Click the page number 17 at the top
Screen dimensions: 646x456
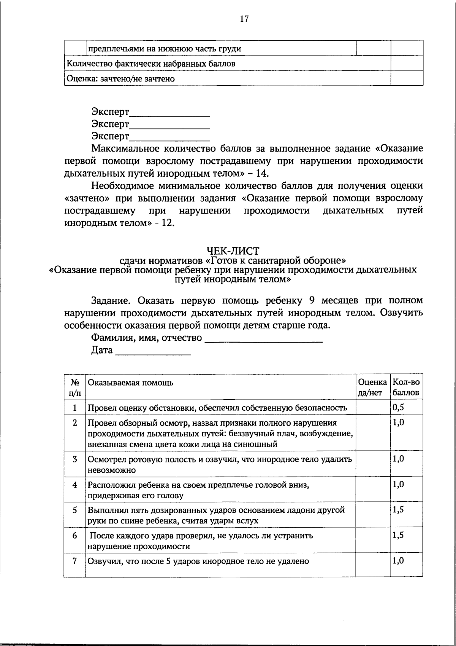pos(244,19)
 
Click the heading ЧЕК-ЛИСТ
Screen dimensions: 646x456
pos(233,251)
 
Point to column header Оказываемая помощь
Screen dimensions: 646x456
pos(131,383)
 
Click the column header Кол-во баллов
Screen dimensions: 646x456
pos(406,387)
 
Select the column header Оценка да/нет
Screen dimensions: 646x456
pos(372,387)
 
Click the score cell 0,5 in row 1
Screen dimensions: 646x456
pos(398,407)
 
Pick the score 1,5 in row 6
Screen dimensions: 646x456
pos(398,536)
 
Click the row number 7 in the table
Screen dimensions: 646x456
pos(75,561)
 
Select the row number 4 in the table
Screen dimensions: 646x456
pos(75,485)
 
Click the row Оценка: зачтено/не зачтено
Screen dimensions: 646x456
pos(120,79)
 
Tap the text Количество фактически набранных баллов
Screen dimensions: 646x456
pos(151,64)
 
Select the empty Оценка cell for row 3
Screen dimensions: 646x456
pos(372,464)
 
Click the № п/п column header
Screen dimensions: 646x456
pos(75,387)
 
